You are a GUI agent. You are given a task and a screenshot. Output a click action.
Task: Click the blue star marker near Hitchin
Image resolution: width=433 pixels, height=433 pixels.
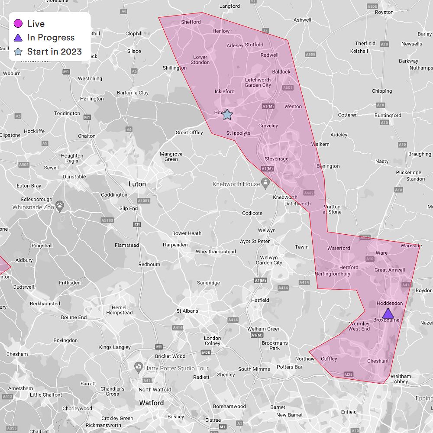[227, 114]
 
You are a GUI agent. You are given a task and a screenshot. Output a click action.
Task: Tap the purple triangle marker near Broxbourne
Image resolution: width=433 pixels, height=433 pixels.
[388, 313]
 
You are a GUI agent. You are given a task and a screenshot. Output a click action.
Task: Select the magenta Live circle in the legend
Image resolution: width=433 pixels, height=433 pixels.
[18, 24]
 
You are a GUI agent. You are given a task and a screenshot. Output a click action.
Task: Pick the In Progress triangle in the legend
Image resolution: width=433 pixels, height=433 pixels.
[18, 38]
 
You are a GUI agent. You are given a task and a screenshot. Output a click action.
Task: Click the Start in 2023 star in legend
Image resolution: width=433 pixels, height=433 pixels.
[18, 52]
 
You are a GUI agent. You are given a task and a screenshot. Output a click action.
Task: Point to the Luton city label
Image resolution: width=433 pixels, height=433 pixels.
[137, 184]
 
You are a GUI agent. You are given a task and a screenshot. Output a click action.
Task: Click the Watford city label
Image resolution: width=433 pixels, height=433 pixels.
[151, 403]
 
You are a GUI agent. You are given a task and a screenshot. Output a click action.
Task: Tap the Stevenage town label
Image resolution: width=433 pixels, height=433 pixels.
[276, 159]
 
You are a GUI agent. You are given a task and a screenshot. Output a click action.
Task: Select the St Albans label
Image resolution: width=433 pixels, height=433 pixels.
[187, 311]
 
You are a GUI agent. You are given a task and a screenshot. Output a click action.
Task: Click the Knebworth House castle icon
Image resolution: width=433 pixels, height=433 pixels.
[265, 181]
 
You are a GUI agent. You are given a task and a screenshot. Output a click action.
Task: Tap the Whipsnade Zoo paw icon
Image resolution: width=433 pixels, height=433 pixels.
[60, 204]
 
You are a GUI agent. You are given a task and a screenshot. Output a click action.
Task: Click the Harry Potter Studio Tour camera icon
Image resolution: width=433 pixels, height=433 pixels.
[138, 368]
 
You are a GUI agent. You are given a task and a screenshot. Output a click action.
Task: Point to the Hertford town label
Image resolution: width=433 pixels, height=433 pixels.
[349, 267]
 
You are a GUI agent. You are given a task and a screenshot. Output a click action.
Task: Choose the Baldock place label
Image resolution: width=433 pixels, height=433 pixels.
[281, 71]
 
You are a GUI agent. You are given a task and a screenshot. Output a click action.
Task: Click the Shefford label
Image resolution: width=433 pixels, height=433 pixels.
[191, 22]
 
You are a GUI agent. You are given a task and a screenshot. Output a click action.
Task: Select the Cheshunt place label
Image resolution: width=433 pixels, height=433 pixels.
[378, 361]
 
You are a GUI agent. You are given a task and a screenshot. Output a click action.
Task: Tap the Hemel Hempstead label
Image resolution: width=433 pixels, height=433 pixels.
[119, 310]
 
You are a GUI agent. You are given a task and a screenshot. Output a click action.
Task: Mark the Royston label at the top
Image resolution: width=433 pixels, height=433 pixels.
[384, 12]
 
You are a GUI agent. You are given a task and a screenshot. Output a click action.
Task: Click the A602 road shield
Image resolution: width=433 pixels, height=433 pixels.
[309, 193]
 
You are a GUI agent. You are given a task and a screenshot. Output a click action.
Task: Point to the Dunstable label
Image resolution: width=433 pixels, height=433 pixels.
[74, 177]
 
